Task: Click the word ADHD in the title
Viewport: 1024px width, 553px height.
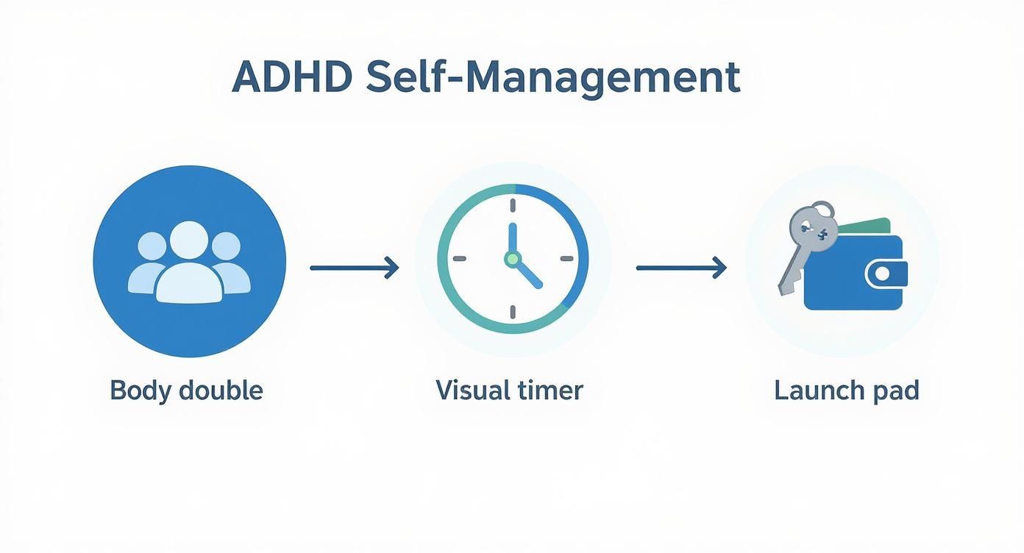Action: coord(292,76)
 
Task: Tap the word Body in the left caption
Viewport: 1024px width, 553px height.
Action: coord(140,391)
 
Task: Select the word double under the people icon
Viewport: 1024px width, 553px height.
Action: coord(221,390)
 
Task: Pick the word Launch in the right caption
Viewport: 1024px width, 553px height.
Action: coord(819,390)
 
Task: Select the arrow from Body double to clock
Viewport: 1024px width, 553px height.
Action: coord(355,268)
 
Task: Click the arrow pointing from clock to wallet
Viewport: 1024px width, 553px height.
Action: coord(681,268)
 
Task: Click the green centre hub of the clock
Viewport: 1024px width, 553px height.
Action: coord(513,259)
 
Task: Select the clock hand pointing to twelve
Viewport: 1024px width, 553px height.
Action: coord(513,238)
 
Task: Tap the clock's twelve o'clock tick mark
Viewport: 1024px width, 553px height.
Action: coord(513,205)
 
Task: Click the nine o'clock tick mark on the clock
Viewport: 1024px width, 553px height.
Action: coord(460,259)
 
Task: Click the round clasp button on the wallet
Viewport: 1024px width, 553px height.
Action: coord(882,274)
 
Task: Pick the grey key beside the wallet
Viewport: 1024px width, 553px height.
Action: coord(807,247)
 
